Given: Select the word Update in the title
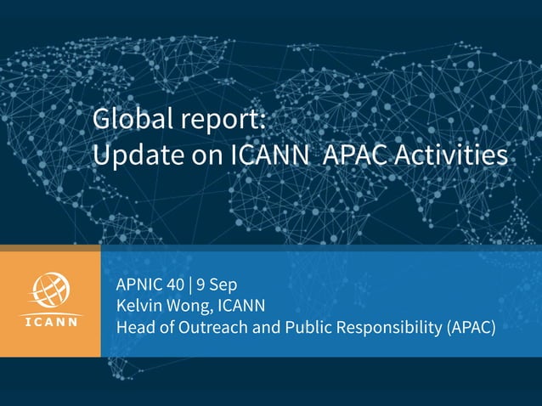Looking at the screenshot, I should click(x=137, y=155).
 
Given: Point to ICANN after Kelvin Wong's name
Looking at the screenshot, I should click(x=242, y=305).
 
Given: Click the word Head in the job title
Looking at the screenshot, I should click(x=133, y=326).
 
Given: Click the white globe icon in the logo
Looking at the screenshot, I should click(x=50, y=294).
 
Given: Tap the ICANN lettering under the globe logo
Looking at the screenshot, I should click(x=50, y=323).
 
